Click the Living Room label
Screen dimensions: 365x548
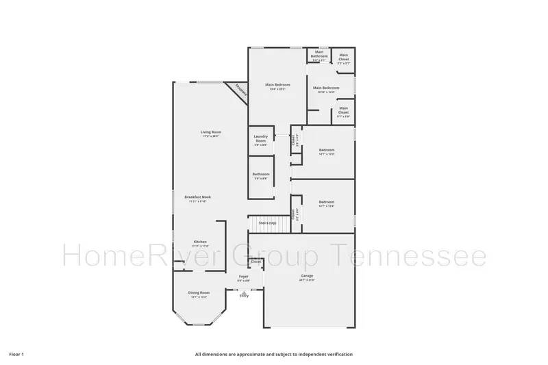pos(211,133)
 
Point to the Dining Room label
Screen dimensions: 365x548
pos(199,294)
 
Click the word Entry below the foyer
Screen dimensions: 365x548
pos(243,296)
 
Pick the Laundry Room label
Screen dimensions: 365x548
pos(260,139)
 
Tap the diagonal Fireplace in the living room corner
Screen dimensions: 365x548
pos(239,90)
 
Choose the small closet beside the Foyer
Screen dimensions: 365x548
pos(256,262)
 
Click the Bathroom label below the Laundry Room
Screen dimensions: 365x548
pos(260,175)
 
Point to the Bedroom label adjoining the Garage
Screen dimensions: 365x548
pos(326,203)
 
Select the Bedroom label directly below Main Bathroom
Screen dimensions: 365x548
pos(326,151)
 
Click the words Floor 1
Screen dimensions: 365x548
pos(16,354)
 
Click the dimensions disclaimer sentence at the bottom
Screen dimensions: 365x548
pos(274,354)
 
